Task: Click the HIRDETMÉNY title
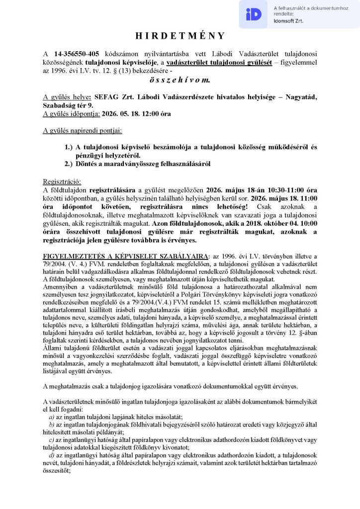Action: click(180, 36)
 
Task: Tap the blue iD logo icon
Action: click(254, 14)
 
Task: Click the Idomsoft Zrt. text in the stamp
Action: click(288, 21)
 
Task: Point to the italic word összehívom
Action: click(180, 79)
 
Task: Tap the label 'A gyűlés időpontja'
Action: click(72, 113)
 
